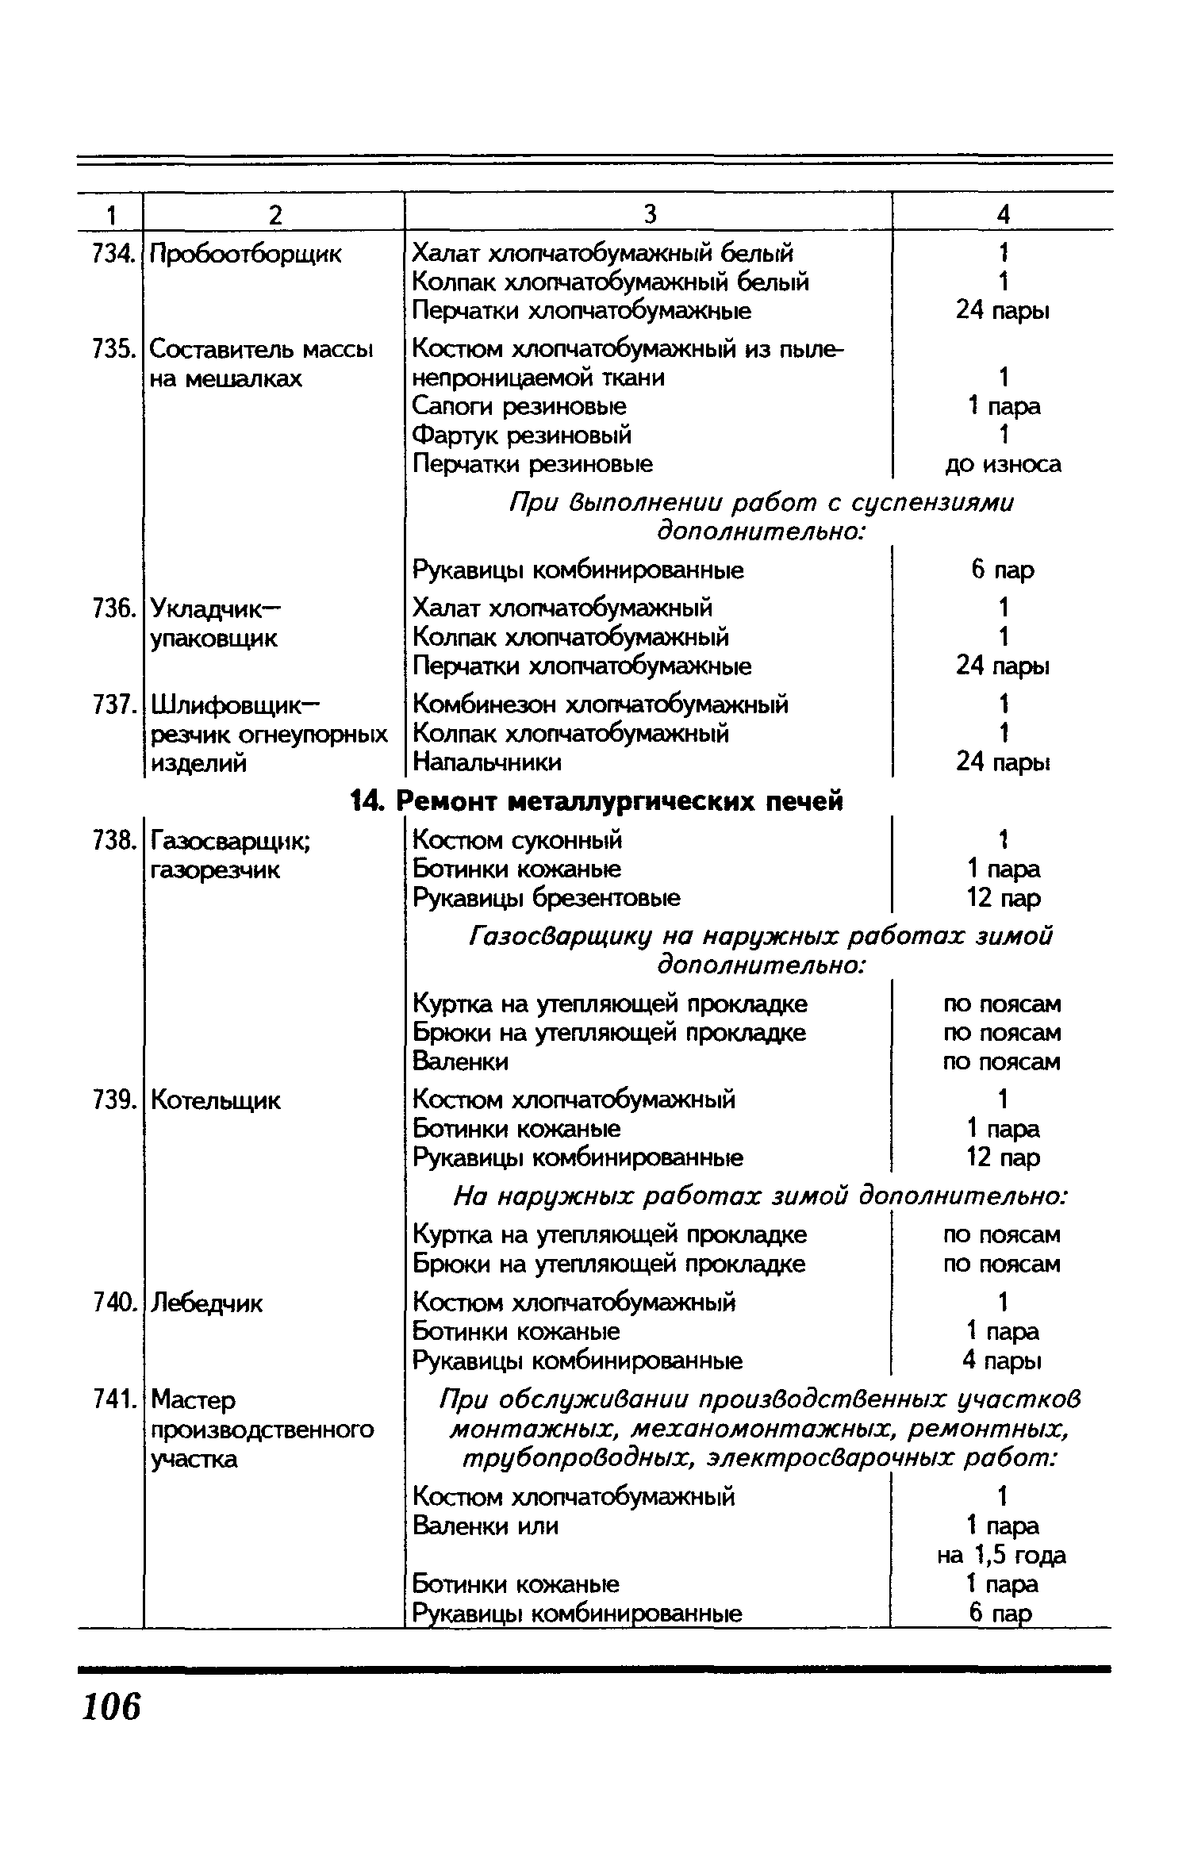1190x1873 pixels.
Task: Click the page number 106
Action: [111, 1707]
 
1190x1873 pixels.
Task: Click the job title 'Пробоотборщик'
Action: [246, 255]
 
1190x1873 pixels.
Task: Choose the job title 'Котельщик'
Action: [215, 1100]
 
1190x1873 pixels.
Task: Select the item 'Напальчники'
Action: [487, 762]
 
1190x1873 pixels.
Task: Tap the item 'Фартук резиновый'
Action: [522, 435]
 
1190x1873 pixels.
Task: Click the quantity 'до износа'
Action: [1003, 464]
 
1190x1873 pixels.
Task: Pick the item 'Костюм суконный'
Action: [518, 839]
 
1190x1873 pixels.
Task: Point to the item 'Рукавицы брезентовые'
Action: [547, 897]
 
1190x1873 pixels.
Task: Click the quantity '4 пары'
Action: [1002, 1361]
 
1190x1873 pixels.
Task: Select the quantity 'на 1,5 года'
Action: [1001, 1555]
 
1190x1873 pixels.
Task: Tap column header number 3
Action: [649, 214]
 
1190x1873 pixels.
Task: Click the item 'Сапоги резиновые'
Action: [520, 406]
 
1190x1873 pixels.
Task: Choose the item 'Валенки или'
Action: [486, 1526]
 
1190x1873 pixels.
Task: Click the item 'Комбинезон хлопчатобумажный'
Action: [601, 704]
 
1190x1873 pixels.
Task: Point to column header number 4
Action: [1003, 214]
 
